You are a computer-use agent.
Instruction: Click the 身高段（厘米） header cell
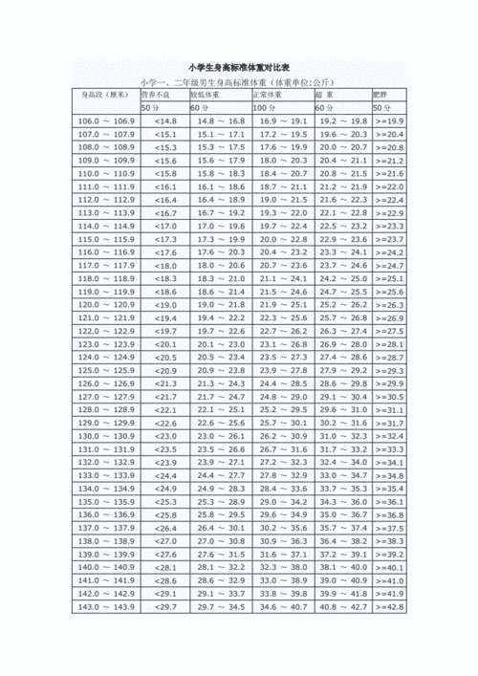[104, 96]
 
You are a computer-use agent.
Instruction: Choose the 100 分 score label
[266, 108]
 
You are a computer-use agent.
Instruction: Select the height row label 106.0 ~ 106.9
[107, 122]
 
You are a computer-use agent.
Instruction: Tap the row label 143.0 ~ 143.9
[107, 607]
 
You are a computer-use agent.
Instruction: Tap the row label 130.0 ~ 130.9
[107, 436]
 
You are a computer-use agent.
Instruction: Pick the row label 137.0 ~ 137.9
[107, 528]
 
